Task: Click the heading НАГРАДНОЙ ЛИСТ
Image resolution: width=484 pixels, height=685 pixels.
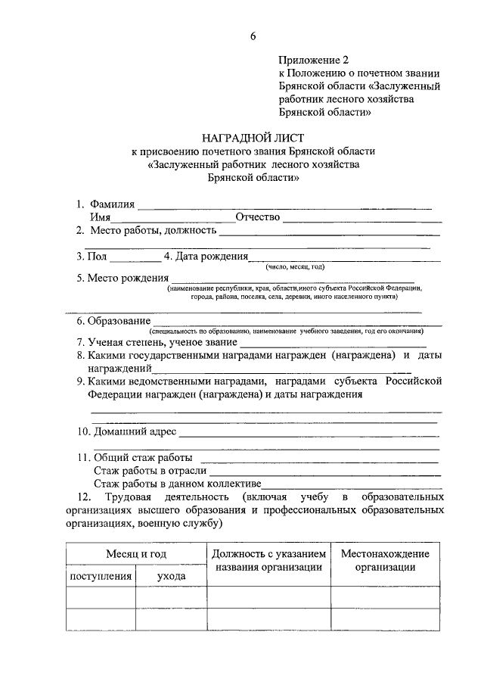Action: tap(253, 138)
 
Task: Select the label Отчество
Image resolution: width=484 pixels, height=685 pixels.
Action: tap(258, 217)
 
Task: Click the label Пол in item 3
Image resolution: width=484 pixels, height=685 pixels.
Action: tap(97, 256)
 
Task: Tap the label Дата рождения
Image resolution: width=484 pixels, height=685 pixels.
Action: tap(211, 256)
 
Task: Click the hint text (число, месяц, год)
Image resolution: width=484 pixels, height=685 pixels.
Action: tap(294, 266)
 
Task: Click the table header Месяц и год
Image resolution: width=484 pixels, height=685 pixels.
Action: tap(136, 554)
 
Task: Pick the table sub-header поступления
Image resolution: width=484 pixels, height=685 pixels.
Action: tap(101, 576)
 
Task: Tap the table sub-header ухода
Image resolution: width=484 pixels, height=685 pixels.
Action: tap(172, 576)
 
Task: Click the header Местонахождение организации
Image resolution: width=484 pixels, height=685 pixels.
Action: tap(385, 561)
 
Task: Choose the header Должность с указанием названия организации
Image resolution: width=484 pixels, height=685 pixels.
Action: tap(268, 561)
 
